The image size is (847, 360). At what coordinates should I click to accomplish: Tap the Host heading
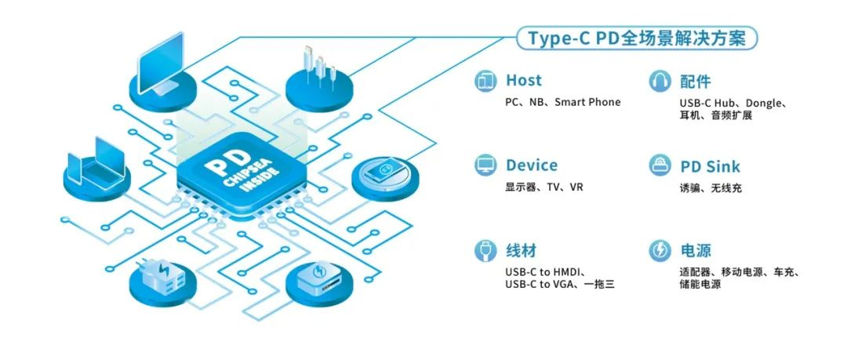tap(523, 80)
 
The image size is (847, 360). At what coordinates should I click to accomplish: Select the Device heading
tap(531, 165)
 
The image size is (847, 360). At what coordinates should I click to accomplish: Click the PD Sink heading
tap(709, 166)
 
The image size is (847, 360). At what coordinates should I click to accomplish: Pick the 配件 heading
tap(695, 81)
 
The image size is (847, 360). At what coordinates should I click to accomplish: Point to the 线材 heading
tap(521, 251)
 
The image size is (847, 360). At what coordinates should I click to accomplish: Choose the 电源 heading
tap(695, 251)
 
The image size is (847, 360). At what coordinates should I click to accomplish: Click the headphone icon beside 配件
tap(660, 81)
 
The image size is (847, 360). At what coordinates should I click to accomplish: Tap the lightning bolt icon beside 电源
tap(660, 251)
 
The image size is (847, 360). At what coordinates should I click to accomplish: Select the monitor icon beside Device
tap(486, 165)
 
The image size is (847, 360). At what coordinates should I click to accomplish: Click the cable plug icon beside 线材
tap(486, 251)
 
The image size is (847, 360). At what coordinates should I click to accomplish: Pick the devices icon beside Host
tap(486, 80)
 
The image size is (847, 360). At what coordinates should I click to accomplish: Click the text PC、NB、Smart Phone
tap(562, 103)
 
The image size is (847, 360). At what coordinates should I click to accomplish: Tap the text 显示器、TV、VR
tap(544, 187)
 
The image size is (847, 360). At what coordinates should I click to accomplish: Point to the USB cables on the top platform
tap(321, 67)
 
